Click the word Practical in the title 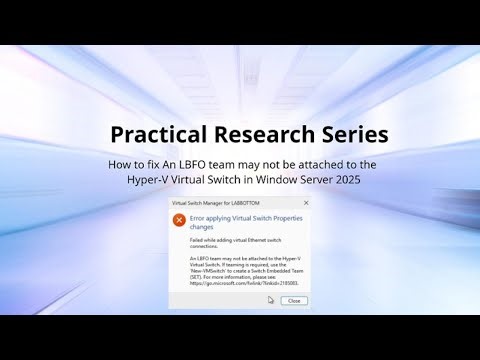click(x=156, y=133)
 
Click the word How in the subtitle click(x=120, y=163)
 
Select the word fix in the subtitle click(x=155, y=163)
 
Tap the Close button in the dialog click(x=293, y=300)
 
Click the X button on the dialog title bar click(x=305, y=202)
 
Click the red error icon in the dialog click(x=179, y=219)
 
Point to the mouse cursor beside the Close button click(x=270, y=300)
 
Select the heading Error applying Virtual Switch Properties click(x=240, y=216)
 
